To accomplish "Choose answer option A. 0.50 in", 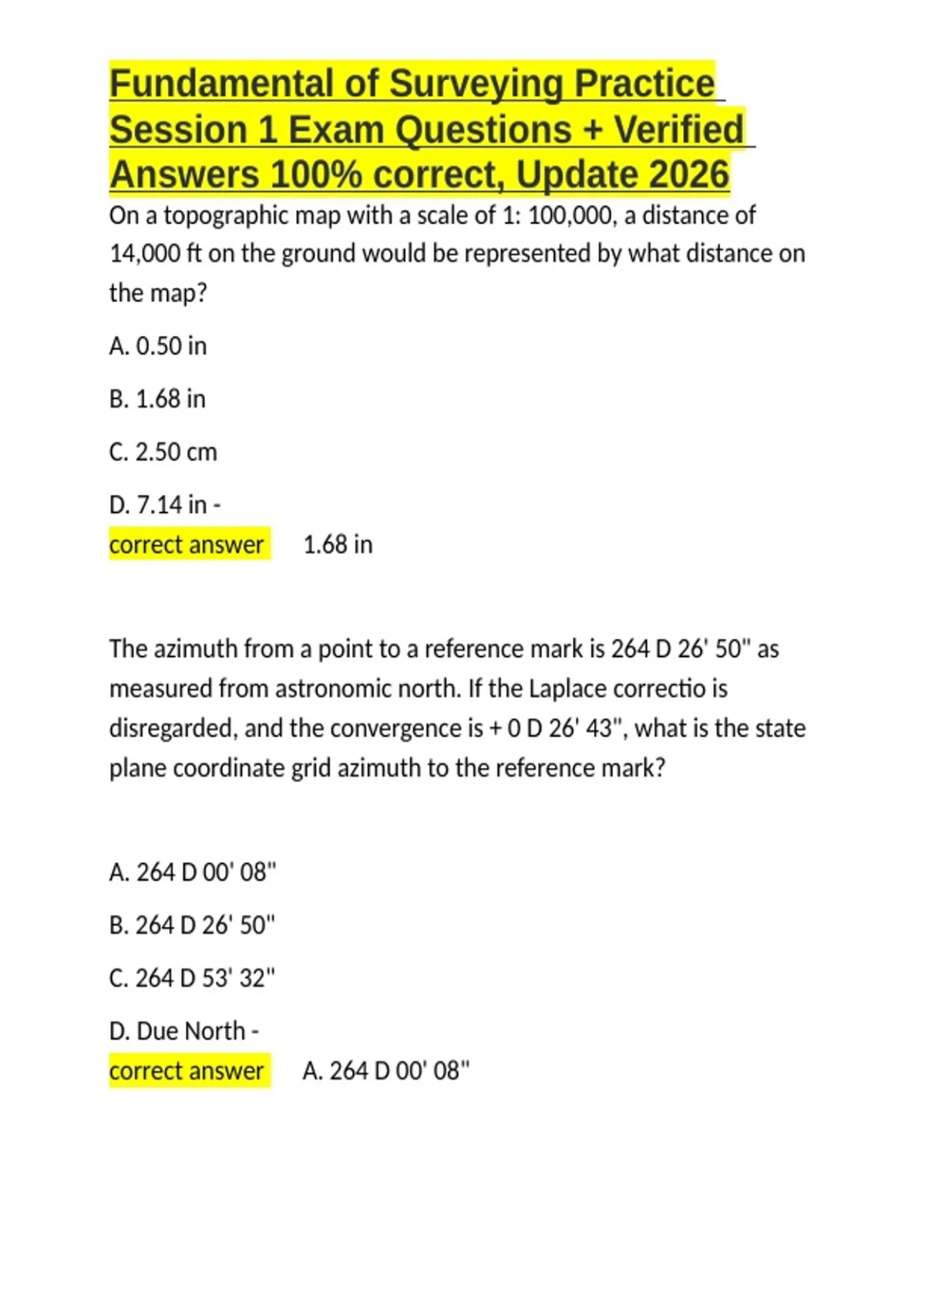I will [158, 346].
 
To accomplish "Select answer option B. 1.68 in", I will [157, 399].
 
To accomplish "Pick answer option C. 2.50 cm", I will [163, 452].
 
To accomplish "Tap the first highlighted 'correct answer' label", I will [187, 544].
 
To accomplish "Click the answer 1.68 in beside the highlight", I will [338, 544].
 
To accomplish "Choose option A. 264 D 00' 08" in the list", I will [193, 872].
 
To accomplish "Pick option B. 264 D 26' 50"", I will [192, 925].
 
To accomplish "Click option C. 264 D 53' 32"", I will [192, 978].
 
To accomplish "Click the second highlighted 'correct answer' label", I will [187, 1071].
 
